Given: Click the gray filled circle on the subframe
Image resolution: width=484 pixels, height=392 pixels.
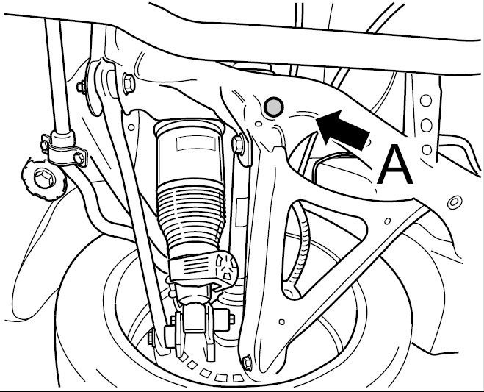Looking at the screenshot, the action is [274, 107].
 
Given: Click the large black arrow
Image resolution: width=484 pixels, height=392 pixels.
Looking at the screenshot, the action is [343, 128].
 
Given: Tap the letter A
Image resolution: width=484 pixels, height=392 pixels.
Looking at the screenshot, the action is [395, 165].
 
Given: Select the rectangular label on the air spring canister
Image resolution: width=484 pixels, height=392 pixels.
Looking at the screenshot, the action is [196, 143].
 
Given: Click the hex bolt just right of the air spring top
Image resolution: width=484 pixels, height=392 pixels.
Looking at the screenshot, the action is [238, 143].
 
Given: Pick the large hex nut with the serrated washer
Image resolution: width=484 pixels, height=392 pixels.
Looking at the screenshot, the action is [43, 179].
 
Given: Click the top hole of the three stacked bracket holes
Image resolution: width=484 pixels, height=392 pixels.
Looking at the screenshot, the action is [426, 101].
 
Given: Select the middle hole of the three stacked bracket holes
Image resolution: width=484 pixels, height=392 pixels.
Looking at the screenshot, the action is [426, 125].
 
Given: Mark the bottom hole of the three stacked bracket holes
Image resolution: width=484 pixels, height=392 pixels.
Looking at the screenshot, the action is [427, 149].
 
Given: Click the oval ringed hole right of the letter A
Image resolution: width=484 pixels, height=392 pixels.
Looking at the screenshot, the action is [454, 202].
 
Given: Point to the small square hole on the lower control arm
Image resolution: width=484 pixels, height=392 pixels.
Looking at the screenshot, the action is [281, 322].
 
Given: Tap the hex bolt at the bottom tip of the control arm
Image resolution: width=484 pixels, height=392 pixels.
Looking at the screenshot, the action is [247, 363].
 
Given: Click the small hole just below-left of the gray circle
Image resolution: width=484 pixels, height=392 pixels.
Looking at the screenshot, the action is [259, 124].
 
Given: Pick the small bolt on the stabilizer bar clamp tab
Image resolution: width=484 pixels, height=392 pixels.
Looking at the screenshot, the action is [79, 158].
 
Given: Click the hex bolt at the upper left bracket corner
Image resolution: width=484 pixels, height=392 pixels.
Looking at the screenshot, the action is [129, 83].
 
